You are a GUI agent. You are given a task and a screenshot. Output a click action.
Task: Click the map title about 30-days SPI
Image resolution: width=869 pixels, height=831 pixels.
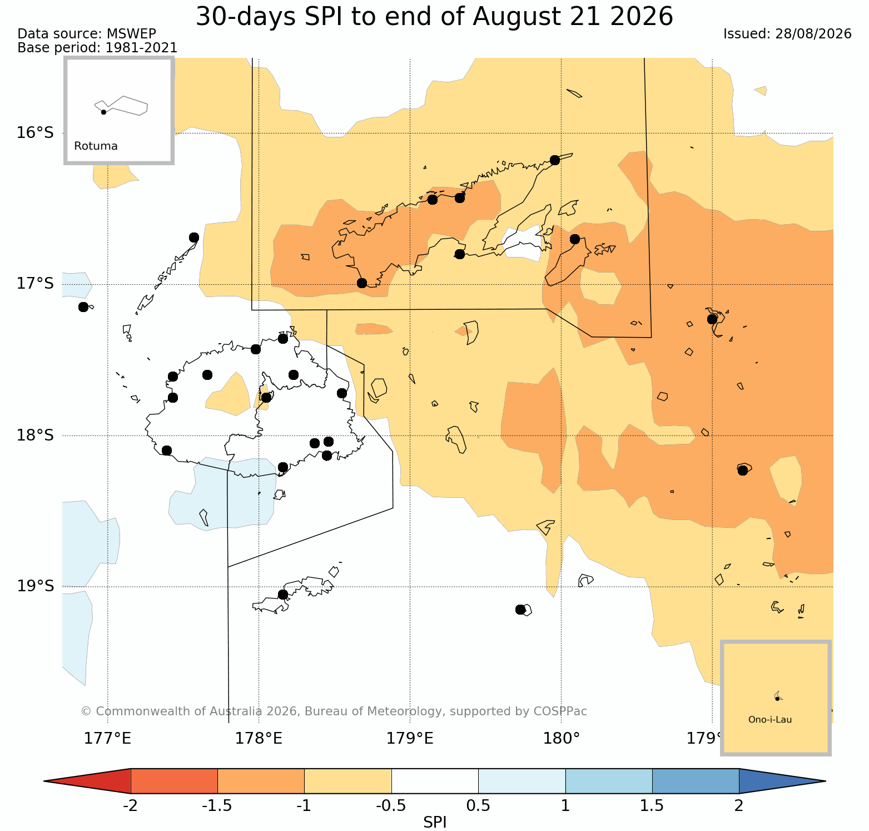coord(434,17)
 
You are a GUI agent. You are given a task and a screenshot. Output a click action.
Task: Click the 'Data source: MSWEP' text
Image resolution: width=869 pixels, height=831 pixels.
coord(87,34)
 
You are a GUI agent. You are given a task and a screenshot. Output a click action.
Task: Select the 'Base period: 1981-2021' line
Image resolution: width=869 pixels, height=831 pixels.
coord(97,48)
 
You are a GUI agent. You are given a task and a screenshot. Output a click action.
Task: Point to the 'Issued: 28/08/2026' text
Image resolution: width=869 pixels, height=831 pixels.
coord(787,34)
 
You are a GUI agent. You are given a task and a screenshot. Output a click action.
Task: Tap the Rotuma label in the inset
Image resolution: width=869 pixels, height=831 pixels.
coord(96,146)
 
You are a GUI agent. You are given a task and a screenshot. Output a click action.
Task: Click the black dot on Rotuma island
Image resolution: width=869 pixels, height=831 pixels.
coord(103,112)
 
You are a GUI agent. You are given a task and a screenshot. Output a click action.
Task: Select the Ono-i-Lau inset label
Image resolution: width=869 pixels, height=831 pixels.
coord(770,720)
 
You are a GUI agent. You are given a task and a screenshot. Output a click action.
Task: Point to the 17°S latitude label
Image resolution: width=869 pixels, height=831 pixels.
coord(35,284)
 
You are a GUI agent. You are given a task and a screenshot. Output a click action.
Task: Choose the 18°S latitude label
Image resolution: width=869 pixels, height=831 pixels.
coord(35,435)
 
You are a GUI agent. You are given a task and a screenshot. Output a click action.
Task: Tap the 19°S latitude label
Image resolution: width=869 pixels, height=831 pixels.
coord(35,586)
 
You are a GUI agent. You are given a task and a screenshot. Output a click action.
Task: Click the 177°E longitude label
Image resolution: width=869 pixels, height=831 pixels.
coord(107,739)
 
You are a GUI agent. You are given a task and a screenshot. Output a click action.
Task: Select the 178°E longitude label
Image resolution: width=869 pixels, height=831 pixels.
coord(259,739)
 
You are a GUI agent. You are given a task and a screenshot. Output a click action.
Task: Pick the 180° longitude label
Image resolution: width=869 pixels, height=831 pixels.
coord(561,739)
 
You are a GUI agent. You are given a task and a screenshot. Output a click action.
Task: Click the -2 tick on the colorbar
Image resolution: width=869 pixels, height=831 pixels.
coord(130,806)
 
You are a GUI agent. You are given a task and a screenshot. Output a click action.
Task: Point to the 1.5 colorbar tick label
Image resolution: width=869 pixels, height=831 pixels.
coord(652,806)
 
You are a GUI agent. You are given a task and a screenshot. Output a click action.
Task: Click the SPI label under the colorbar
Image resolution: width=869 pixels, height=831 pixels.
coord(435,823)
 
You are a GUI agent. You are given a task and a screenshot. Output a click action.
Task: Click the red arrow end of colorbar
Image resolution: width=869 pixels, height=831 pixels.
coord(87,781)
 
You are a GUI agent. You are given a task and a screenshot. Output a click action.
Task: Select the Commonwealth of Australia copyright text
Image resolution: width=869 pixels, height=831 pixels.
coord(334,711)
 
